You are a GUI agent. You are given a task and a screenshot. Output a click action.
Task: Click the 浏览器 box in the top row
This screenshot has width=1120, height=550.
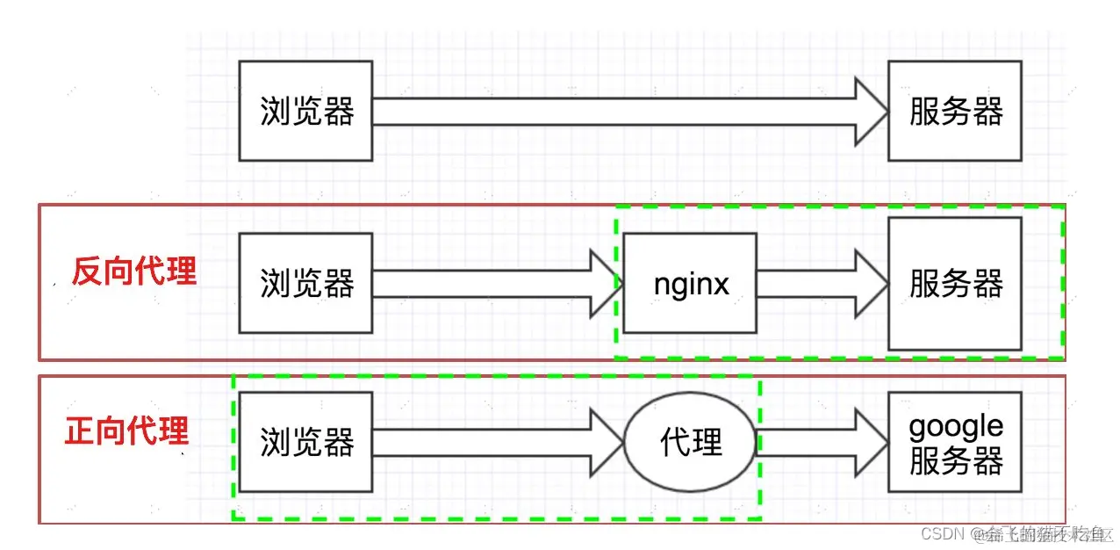(305, 111)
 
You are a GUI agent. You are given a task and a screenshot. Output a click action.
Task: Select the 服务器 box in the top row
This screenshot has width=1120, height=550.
(955, 111)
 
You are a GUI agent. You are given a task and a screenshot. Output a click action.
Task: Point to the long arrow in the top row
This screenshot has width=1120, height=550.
(614, 112)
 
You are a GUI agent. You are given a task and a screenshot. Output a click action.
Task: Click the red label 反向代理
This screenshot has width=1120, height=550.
(133, 271)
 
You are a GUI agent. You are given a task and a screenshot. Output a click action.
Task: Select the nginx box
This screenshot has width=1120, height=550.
(690, 283)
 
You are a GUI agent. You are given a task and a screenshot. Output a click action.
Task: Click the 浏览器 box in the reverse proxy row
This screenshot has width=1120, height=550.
(305, 283)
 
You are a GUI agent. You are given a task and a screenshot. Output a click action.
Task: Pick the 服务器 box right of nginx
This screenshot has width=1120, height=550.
(955, 283)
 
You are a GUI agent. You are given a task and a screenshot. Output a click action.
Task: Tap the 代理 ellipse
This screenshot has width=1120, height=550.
(690, 442)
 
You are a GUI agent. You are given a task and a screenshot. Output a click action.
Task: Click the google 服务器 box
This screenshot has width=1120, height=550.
(955, 442)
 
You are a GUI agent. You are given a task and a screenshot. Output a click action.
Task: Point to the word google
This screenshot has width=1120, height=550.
(955, 427)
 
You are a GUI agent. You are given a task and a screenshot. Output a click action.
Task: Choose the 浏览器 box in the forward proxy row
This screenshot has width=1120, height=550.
(305, 442)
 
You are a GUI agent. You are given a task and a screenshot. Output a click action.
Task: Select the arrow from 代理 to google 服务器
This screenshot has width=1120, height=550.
(821, 442)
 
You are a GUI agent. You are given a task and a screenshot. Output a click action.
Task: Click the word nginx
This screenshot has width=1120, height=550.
(691, 284)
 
